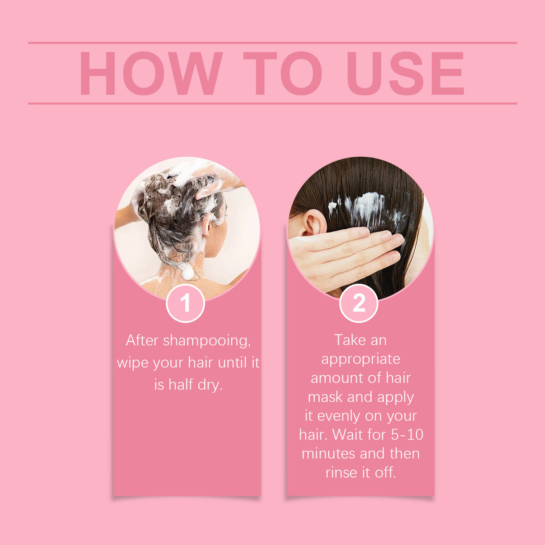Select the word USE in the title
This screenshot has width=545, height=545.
pos(405,74)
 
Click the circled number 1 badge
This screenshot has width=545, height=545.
pos(185,303)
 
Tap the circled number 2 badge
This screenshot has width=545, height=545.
pos(359,303)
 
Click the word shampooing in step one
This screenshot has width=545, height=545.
pos(207,341)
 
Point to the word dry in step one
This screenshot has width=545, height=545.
pos(210,385)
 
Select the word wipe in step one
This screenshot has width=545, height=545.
pos(132,363)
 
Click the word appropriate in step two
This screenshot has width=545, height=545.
pos(360,359)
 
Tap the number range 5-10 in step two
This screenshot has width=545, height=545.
pos(407,435)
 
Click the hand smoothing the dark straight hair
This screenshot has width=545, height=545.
pos(341,256)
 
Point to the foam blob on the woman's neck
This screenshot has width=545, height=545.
pos(187,272)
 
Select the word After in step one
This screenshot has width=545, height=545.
pos(142,340)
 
